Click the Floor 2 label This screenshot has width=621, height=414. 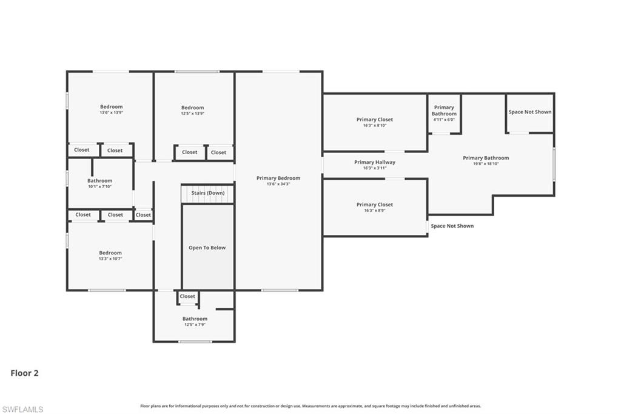(x=24, y=373)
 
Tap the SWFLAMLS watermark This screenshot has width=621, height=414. (x=22, y=409)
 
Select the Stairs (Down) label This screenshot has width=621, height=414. (x=208, y=193)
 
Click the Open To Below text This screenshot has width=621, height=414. (x=207, y=248)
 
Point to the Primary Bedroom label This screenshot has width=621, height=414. (x=278, y=178)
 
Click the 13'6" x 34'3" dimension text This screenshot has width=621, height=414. (x=278, y=184)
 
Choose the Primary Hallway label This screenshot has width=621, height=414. (x=375, y=162)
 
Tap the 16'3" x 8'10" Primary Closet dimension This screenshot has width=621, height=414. (x=375, y=126)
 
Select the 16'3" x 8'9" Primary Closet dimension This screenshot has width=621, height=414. (x=375, y=211)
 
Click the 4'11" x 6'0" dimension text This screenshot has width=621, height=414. (x=444, y=120)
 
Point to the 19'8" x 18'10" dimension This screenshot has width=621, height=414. (x=486, y=164)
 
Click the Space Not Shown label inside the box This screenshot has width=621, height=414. (x=530, y=112)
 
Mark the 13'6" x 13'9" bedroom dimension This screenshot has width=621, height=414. (x=111, y=113)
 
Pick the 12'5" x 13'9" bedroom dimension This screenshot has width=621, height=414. (x=192, y=114)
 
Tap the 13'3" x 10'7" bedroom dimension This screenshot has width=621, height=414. (x=110, y=259)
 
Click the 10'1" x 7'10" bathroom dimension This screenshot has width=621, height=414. (x=99, y=186)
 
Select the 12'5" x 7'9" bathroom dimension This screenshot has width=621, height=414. (x=195, y=325)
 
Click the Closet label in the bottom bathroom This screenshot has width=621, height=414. (x=187, y=296)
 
